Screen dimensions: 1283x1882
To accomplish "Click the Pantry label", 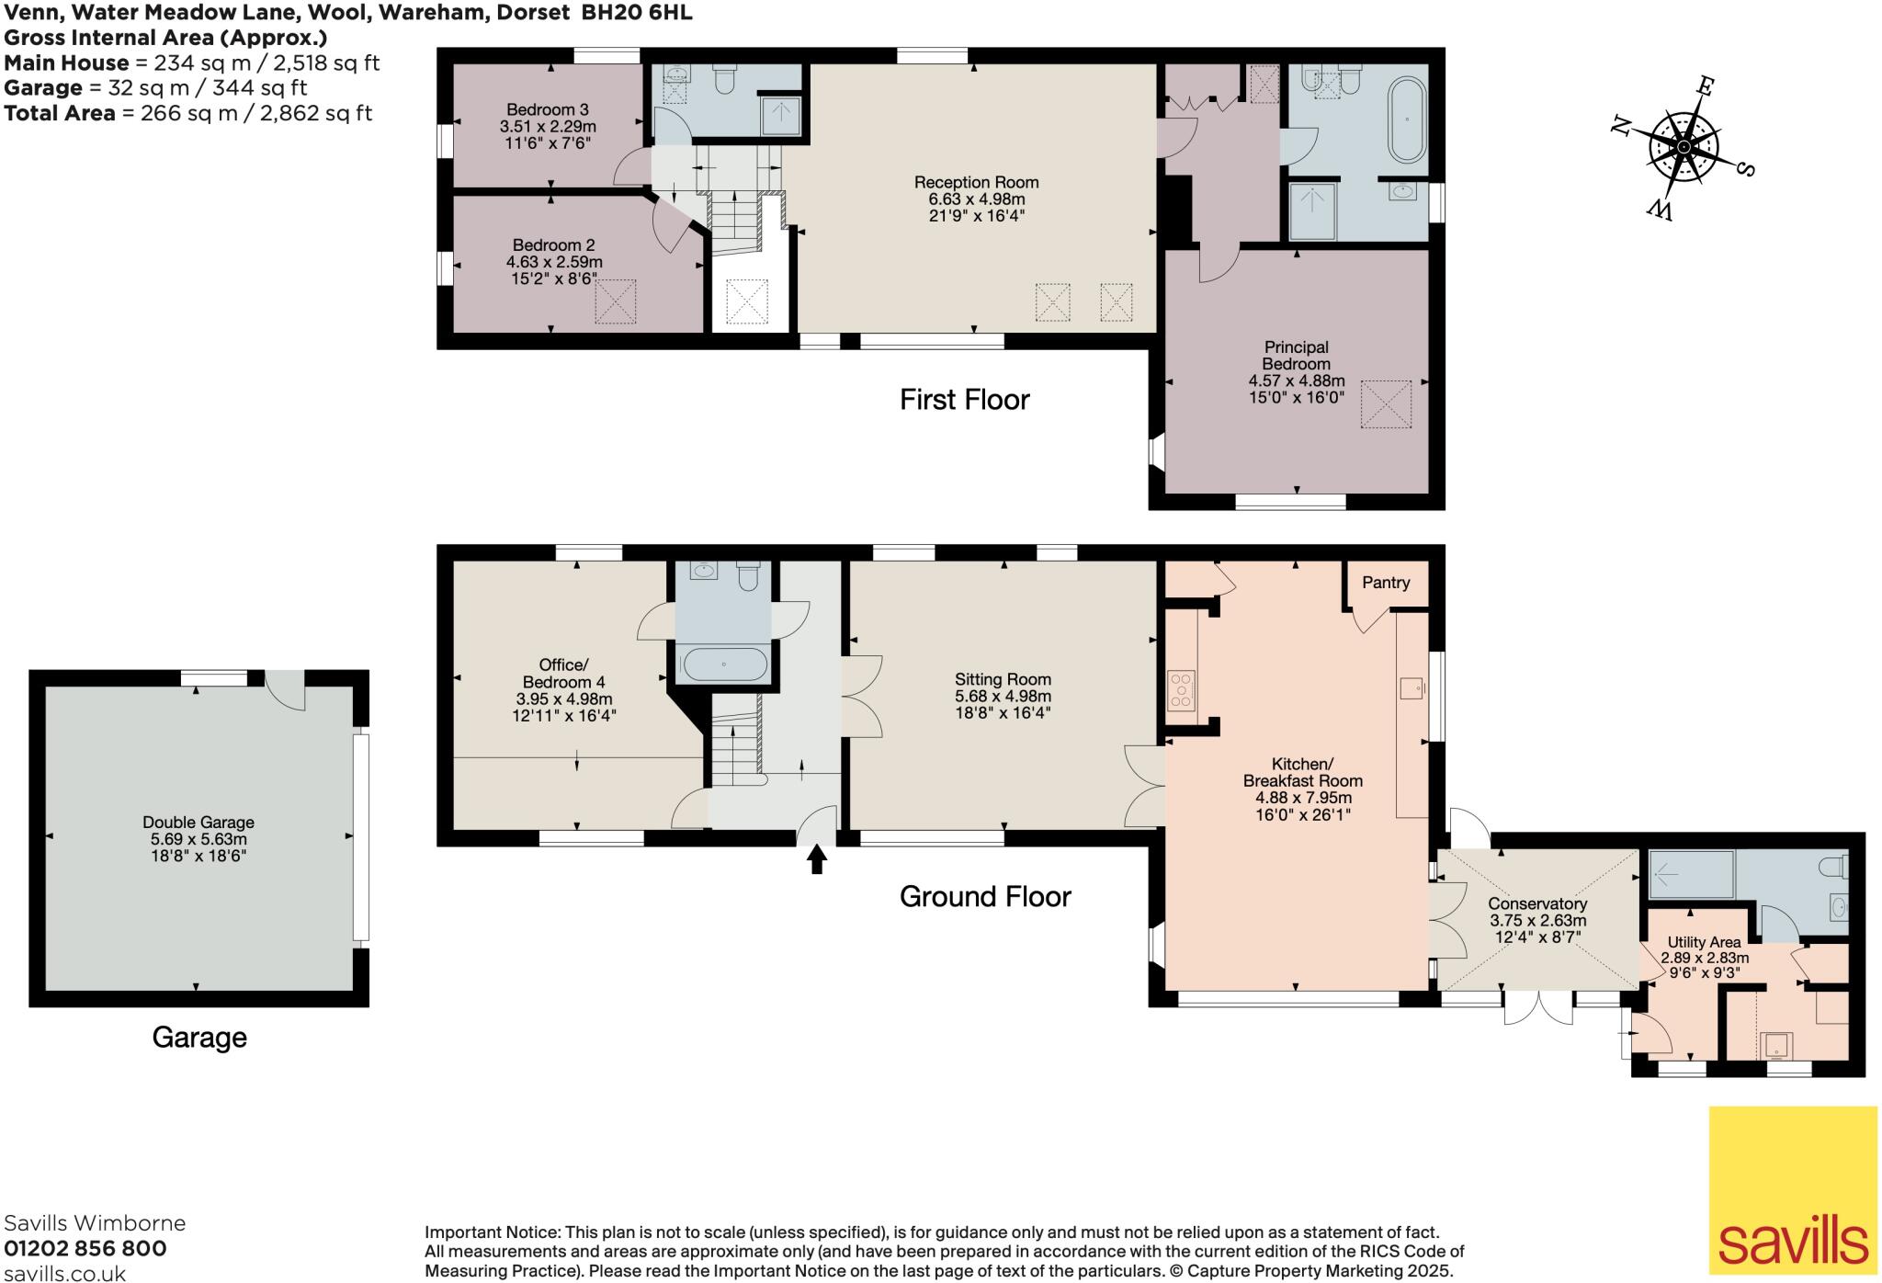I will [1385, 583].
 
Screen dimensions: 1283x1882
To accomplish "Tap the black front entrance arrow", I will [817, 859].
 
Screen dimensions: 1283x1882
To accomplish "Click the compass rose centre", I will [1683, 147].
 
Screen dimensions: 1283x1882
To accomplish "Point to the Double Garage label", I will [198, 823].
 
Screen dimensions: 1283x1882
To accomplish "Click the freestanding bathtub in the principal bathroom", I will [1406, 120].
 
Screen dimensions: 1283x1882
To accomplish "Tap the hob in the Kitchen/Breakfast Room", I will [1181, 691].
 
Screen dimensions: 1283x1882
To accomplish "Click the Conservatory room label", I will [1537, 904].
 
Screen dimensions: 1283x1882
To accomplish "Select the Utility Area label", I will [1704, 943].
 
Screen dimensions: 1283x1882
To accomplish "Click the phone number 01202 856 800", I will [85, 1248].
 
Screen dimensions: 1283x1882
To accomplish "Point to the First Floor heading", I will [964, 400].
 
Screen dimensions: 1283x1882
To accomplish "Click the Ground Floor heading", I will [985, 897].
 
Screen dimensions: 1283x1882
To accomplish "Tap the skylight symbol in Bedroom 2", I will [616, 302].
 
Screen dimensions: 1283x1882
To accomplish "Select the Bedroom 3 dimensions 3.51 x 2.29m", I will [548, 127].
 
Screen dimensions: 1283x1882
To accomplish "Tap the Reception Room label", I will [976, 182].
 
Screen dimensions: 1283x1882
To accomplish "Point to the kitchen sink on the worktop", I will [1412, 687].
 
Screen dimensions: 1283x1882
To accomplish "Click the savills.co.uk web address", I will [64, 1273].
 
